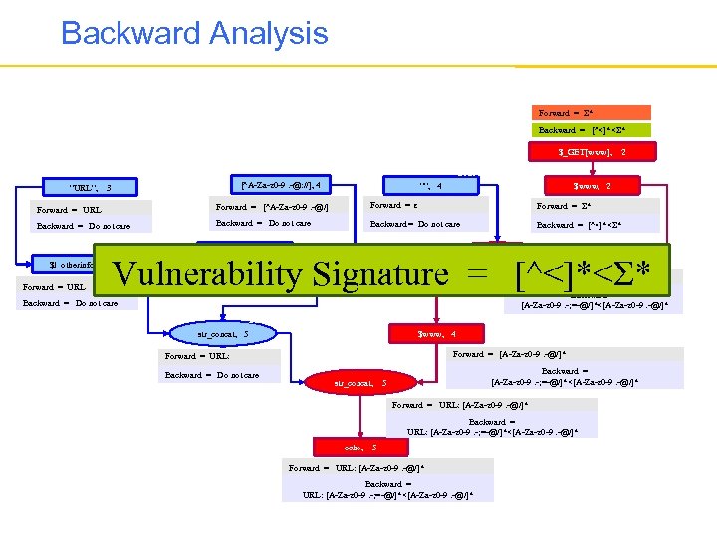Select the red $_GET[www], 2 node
tap(592, 153)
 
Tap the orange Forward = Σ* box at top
tap(591, 113)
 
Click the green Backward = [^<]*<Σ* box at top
tap(591, 130)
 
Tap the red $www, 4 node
tap(437, 334)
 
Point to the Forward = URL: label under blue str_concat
tap(197, 356)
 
